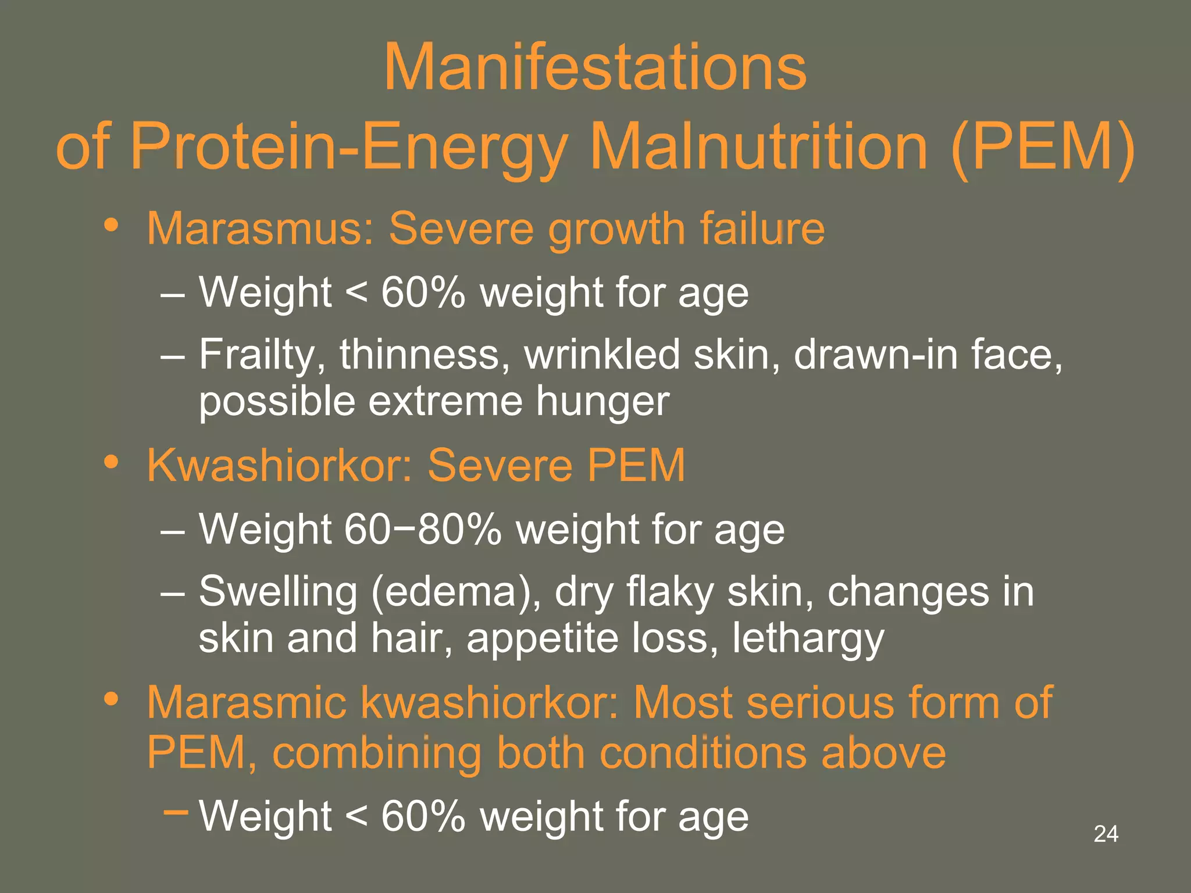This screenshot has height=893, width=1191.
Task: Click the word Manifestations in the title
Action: tap(595, 67)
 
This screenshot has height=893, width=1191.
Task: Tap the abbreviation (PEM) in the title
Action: tap(1043, 147)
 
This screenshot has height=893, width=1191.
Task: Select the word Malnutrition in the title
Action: tap(758, 147)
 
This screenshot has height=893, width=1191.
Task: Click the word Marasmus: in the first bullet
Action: tap(261, 228)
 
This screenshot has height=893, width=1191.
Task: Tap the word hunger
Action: tap(602, 403)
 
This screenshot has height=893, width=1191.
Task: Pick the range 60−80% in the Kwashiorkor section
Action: tap(422, 529)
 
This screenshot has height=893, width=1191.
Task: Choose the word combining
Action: tap(377, 753)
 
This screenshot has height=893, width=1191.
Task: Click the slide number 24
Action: tap(1106, 834)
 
